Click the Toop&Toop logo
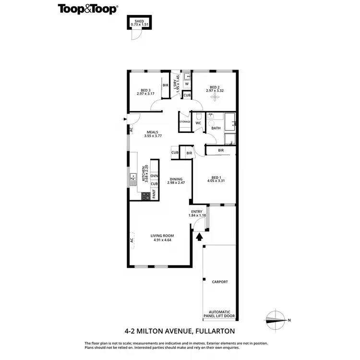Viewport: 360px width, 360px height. coord(88,9)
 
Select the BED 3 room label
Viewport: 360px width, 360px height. coord(145,89)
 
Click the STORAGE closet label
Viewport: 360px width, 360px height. coord(185,122)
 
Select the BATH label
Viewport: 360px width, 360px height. coord(216,128)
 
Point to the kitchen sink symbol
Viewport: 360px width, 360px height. coord(133,180)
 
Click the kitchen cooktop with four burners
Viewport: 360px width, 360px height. coord(145,195)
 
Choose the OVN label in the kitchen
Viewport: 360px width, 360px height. coord(154,176)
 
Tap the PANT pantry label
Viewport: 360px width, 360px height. coord(154,194)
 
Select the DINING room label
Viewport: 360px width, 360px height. coord(176,180)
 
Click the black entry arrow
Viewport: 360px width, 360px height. coord(200,236)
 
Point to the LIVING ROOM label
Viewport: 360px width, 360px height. coord(162,236)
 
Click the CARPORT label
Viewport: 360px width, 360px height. coord(220,282)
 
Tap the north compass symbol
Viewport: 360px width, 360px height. coord(275,320)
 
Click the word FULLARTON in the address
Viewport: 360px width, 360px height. coord(216,331)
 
